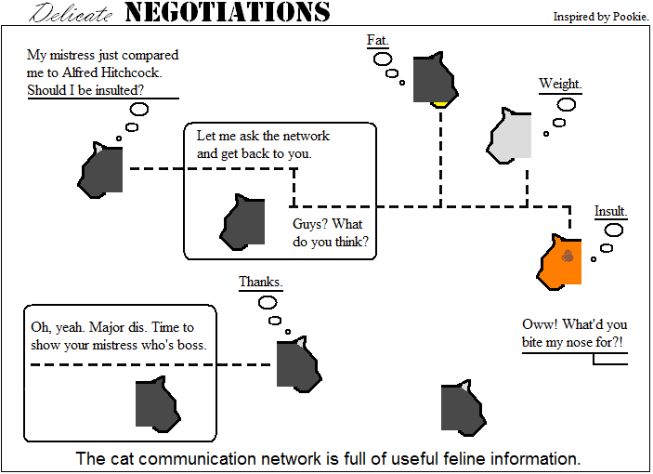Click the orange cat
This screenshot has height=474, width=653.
560,262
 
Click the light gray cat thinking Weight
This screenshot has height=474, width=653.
510,137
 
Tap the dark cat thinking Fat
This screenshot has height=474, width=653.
436,78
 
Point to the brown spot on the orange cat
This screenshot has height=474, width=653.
568,256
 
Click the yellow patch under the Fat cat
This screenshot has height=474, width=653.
440,104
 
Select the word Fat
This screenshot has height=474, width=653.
377,40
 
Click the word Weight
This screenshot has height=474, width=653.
560,84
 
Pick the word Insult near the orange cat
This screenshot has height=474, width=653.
610,211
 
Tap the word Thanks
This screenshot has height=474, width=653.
261,282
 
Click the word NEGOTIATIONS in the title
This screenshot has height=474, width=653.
228,12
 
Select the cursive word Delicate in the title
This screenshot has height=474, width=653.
71,12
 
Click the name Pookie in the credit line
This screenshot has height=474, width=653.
631,17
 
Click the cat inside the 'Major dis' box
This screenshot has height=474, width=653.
158,404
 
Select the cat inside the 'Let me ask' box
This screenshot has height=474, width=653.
242,222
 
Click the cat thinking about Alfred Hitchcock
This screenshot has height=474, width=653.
100,170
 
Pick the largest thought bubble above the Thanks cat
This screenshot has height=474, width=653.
268,303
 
